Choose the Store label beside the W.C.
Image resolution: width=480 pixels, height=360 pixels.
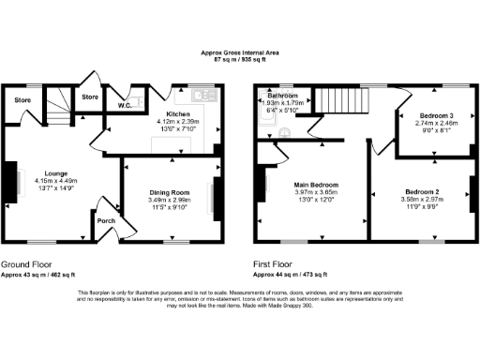(x=90, y=97)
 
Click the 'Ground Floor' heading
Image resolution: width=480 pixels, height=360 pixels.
(x=26, y=264)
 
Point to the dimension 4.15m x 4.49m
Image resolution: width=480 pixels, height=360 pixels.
(x=55, y=181)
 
